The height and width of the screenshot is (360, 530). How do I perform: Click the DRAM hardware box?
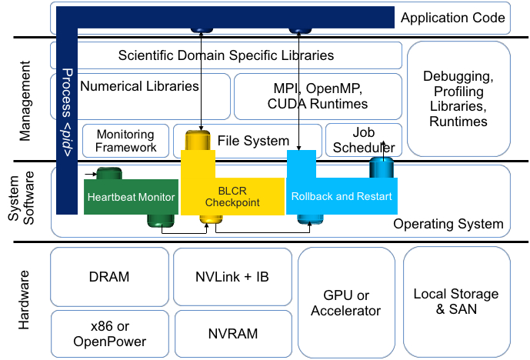point(108,277)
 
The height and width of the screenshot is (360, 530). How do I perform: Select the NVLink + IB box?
point(232,277)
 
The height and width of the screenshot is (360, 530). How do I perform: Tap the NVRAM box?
point(232,334)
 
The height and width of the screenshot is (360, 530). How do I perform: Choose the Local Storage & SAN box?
point(456,302)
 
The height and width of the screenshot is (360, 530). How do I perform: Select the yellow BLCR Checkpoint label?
point(232,197)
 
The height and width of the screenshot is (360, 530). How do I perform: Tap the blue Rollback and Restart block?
point(342,196)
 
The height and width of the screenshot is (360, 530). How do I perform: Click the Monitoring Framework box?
point(126,141)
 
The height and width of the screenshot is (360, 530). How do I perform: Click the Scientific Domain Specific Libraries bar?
point(226,55)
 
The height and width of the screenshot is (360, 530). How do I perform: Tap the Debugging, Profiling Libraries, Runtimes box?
point(458,98)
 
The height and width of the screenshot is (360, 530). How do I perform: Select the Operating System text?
point(448,224)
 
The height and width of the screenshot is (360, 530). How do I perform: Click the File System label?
point(253,142)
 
